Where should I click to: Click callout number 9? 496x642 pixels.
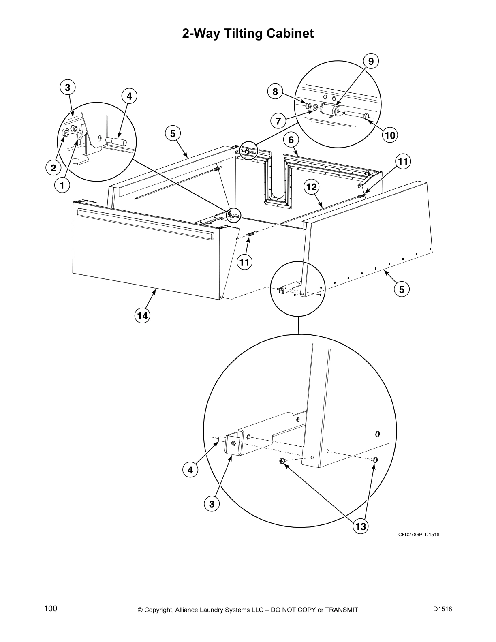pyautogui.click(x=371, y=61)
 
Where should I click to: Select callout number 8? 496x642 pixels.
pyautogui.click(x=275, y=92)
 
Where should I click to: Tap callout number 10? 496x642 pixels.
pyautogui.click(x=390, y=135)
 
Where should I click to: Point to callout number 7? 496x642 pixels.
pyautogui.click(x=278, y=121)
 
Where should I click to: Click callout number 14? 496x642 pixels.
pyautogui.click(x=143, y=315)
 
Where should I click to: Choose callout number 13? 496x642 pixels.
pyautogui.click(x=360, y=526)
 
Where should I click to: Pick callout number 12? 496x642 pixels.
pyautogui.click(x=312, y=187)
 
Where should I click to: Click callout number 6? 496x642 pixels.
pyautogui.click(x=291, y=140)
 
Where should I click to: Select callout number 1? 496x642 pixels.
pyautogui.click(x=62, y=186)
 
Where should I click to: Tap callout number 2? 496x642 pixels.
pyautogui.click(x=53, y=167)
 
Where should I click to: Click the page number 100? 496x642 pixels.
pyautogui.click(x=51, y=609)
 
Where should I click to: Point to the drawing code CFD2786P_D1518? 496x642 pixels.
pyautogui.click(x=419, y=535)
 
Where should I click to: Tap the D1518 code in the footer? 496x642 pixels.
pyautogui.click(x=442, y=609)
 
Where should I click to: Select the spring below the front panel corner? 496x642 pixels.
pyautogui.click(x=251, y=234)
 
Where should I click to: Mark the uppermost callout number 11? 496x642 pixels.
pyautogui.click(x=402, y=162)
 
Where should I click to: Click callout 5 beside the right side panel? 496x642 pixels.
pyautogui.click(x=402, y=289)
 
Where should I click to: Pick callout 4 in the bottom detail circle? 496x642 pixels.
pyautogui.click(x=190, y=470)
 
